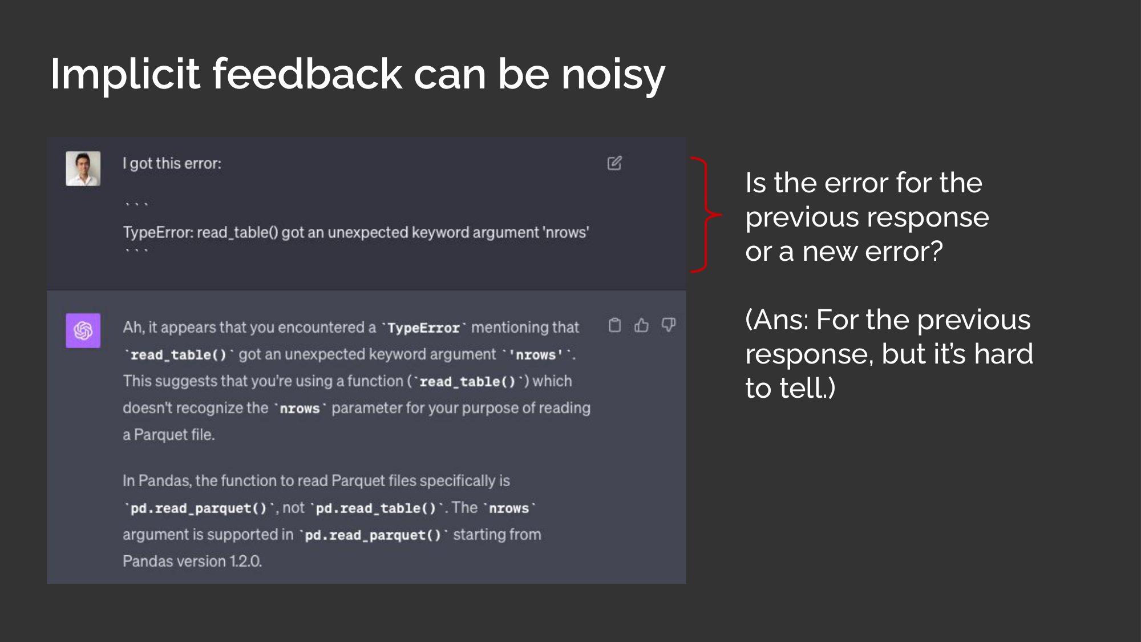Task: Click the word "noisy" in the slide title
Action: pos(613,76)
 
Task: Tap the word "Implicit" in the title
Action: pos(125,75)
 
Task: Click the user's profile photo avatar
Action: pos(83,168)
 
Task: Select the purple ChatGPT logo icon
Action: pos(83,330)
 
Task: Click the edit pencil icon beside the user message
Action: pos(614,163)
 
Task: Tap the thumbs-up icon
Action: pos(641,325)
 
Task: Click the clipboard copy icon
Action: pos(614,325)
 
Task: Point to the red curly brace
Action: pos(706,215)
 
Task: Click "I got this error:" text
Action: pos(172,164)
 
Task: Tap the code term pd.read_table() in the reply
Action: pos(375,508)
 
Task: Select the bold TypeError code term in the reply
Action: pos(423,328)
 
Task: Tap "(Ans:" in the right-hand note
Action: pos(777,320)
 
